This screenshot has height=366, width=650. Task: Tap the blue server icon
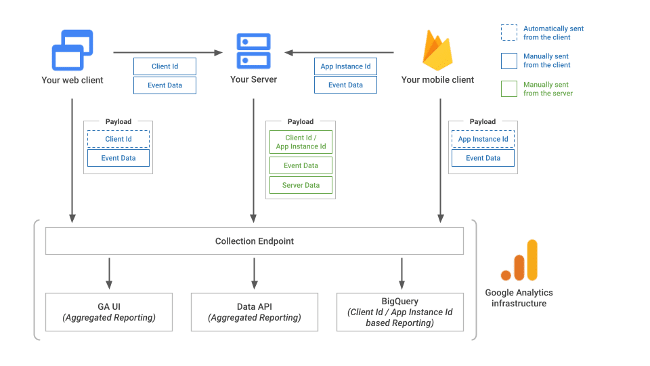pos(253,51)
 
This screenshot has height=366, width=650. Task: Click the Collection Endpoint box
pos(254,241)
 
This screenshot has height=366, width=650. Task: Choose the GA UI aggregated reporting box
pos(108,312)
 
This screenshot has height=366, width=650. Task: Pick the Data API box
pos(254,312)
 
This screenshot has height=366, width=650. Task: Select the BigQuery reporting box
pos(399,312)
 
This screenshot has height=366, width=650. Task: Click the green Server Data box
pos(301,185)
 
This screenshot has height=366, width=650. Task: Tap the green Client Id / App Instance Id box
pos(301,142)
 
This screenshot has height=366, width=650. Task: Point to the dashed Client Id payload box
pos(118,139)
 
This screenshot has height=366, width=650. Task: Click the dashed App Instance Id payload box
pos(483,139)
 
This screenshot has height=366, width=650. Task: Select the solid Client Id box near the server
pos(165,66)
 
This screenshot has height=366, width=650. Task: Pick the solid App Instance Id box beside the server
pos(345,66)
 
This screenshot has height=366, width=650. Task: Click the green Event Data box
pos(301,165)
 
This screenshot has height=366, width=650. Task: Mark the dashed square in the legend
pos(508,33)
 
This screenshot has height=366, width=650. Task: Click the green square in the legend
pos(508,89)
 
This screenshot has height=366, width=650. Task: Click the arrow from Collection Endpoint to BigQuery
pos(402,273)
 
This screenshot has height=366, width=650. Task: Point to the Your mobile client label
pos(437,80)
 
